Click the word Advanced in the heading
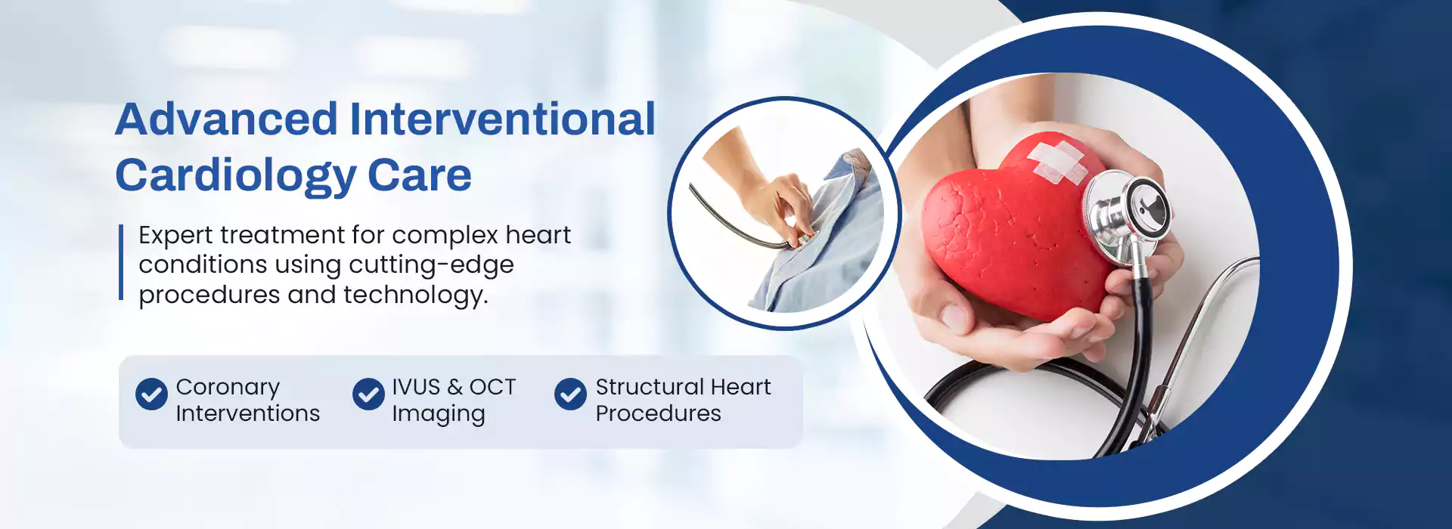(x=226, y=119)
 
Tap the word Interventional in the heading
(x=502, y=119)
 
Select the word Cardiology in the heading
(x=235, y=176)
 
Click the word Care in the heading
(x=420, y=175)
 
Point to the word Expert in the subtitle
(x=175, y=236)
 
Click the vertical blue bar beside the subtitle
(x=121, y=262)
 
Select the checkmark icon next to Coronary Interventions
(x=151, y=394)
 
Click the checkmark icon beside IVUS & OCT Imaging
(x=368, y=394)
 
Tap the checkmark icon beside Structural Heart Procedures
(x=570, y=394)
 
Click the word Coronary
(x=228, y=388)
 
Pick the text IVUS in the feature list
(x=416, y=387)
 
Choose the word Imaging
(x=439, y=415)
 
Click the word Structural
(x=650, y=387)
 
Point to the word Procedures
(x=658, y=413)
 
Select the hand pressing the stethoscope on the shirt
(x=779, y=200)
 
